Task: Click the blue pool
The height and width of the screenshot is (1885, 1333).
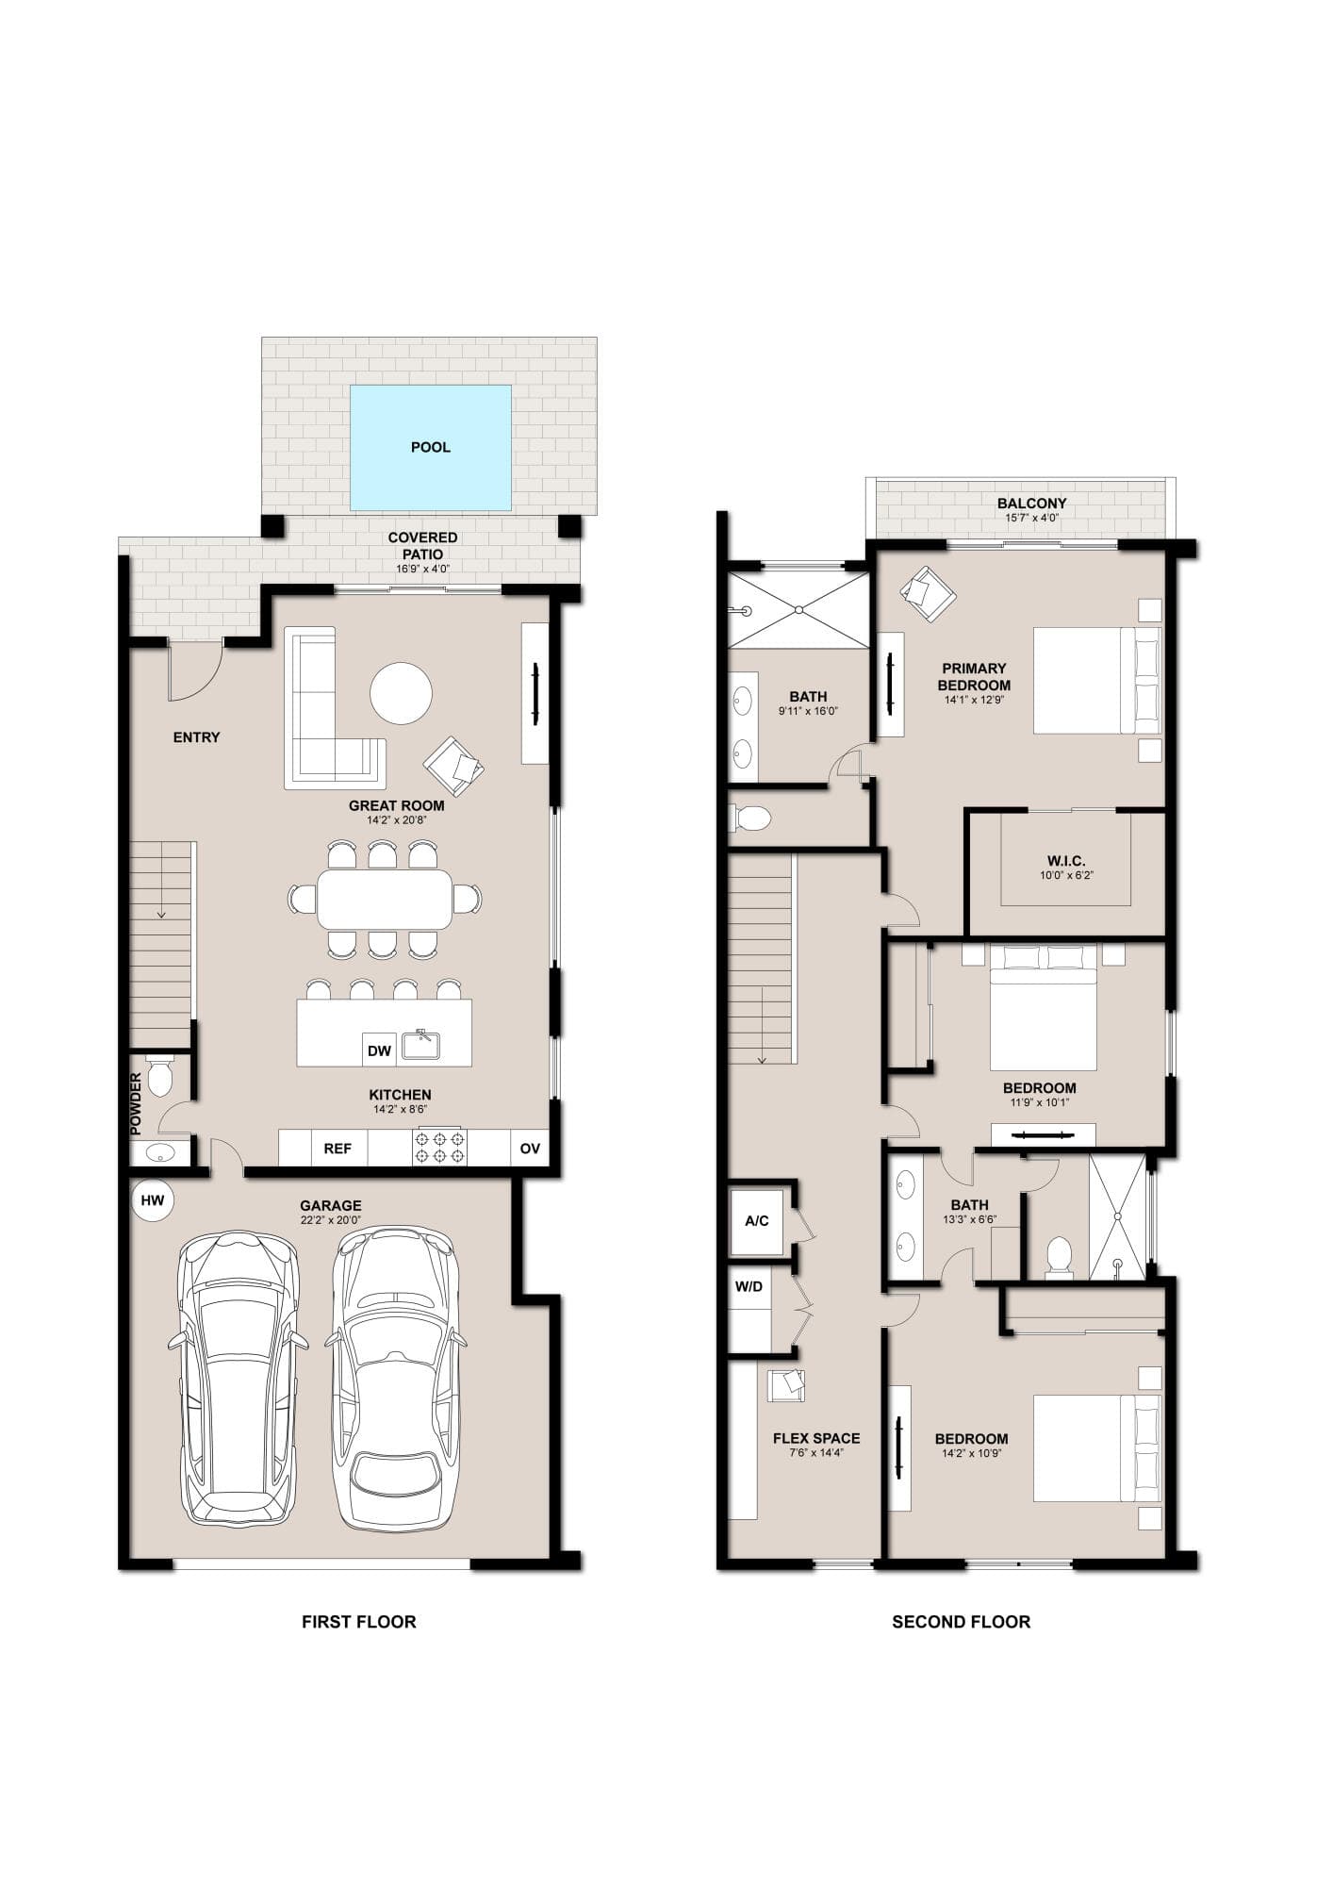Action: coord(431,447)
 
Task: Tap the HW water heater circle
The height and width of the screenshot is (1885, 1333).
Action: coord(153,1200)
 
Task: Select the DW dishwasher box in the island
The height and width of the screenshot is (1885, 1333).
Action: coord(379,1050)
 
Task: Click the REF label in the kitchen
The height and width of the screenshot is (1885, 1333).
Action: coord(337,1149)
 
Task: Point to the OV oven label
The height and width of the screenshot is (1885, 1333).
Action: coord(530,1149)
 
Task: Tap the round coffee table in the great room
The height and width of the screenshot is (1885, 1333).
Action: coord(401,693)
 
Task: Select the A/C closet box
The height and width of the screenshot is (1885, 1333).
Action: coord(757,1220)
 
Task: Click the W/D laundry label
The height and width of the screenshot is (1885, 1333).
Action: coord(749,1286)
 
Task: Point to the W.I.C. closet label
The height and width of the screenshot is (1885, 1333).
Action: coord(1066,861)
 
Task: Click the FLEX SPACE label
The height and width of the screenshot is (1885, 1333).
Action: coord(816,1438)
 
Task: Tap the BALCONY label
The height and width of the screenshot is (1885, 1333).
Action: coord(1032,504)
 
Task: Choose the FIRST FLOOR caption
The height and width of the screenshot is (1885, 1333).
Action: coord(358,1622)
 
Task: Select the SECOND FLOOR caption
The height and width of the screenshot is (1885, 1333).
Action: coord(962,1622)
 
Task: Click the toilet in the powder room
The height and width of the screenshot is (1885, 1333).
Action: coord(159,1076)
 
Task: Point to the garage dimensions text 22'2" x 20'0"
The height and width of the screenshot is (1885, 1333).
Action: coord(331,1220)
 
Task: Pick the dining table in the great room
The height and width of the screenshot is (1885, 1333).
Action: coord(385,899)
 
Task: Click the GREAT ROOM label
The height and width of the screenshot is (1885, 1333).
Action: coord(397,805)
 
